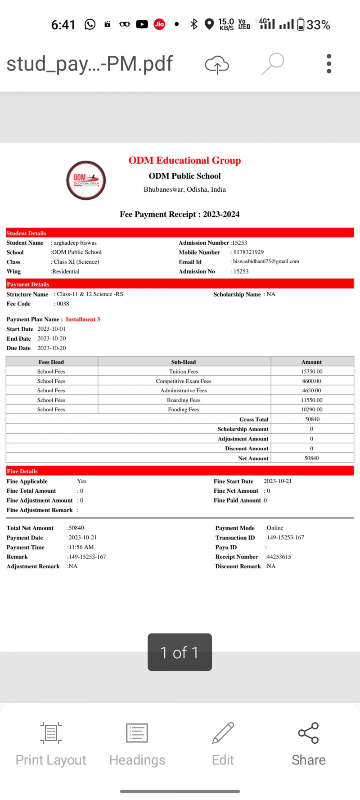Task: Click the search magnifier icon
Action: [x=273, y=63]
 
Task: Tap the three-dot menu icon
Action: [x=329, y=63]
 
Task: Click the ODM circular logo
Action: [x=86, y=180]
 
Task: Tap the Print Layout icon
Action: [x=51, y=733]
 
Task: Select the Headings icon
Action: [x=137, y=733]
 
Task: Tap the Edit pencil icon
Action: [x=223, y=733]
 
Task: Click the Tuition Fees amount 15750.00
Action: [x=311, y=372]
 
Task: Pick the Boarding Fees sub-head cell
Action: [x=184, y=400]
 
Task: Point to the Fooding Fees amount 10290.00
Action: [x=311, y=409]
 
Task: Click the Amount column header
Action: [x=311, y=362]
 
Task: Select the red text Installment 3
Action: [x=83, y=319]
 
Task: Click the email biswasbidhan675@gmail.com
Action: [x=266, y=261]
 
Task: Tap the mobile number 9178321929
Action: [x=248, y=252]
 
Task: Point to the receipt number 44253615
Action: [x=279, y=557]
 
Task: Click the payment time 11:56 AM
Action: [x=81, y=547]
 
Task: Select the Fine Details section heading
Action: [x=22, y=471]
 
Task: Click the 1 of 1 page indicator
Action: [x=180, y=652]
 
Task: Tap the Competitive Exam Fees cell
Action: [x=184, y=381]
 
